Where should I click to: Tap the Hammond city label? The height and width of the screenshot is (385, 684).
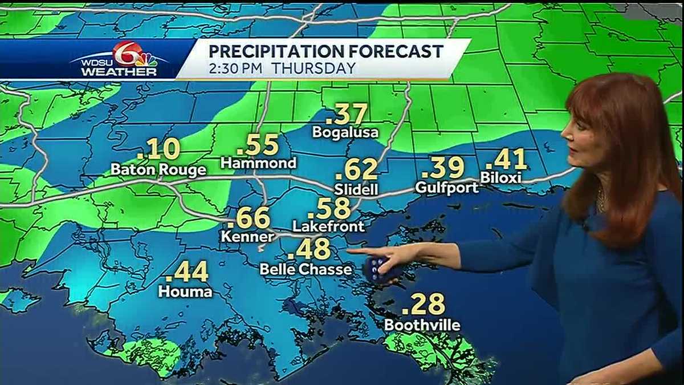coord(259,164)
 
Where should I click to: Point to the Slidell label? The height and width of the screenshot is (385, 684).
coord(357,189)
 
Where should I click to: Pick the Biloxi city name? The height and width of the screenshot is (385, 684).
coord(500,178)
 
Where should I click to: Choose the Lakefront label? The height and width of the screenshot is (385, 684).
coord(328,226)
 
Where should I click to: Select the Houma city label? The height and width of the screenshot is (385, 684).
coord(185,291)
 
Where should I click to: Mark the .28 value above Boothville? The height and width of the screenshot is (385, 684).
coord(423,305)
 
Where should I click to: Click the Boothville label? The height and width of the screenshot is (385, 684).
coord(422,325)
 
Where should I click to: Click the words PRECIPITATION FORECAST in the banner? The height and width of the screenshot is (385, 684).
coord(325,51)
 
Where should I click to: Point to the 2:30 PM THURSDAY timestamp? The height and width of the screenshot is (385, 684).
coord(282,68)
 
